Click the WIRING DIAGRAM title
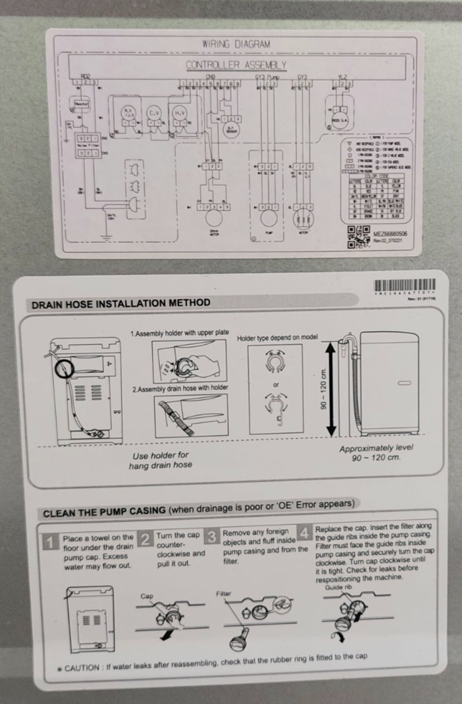click(x=236, y=44)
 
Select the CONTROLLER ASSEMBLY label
click(x=236, y=65)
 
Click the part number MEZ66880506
click(x=392, y=234)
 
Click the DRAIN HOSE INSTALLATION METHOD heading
click(x=121, y=303)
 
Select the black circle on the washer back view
click(x=64, y=368)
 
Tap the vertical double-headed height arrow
click(x=331, y=390)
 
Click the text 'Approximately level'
click(x=376, y=448)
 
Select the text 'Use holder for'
click(x=160, y=455)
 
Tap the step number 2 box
click(x=146, y=540)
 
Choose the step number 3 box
click(x=213, y=537)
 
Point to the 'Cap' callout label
click(x=147, y=596)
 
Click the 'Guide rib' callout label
click(x=337, y=587)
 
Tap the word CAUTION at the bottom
click(x=83, y=668)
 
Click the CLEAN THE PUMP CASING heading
click(x=105, y=512)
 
